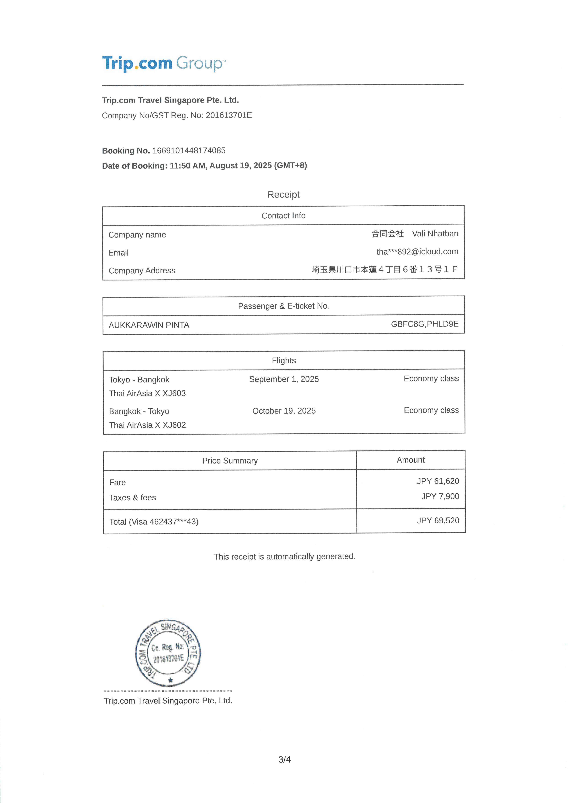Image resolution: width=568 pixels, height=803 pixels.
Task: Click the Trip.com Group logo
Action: click(x=164, y=64)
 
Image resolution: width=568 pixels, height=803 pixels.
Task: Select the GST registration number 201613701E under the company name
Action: click(x=229, y=115)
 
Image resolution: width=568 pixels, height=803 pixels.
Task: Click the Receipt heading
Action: click(x=283, y=194)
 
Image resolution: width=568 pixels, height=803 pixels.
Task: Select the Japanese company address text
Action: click(x=384, y=269)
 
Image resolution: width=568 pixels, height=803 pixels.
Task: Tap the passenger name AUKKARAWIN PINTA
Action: click(x=149, y=325)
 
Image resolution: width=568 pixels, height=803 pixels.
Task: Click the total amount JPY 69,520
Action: click(x=438, y=520)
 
